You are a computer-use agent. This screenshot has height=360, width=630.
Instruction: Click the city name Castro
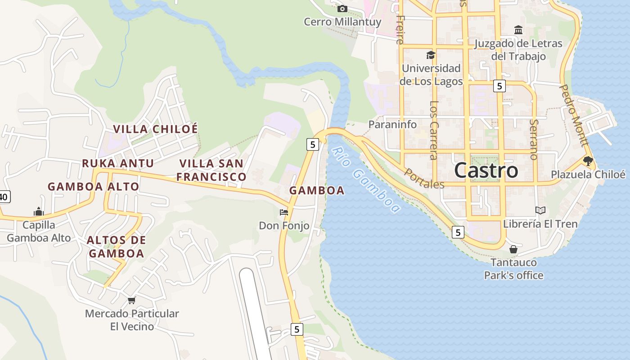tap(486, 171)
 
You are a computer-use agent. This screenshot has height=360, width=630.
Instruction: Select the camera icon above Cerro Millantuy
tap(342, 9)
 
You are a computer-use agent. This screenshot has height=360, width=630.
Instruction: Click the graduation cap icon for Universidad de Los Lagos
tap(431, 55)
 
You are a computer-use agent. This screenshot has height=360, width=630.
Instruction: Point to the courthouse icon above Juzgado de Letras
tap(518, 30)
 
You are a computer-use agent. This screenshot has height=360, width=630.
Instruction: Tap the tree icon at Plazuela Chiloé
tap(588, 161)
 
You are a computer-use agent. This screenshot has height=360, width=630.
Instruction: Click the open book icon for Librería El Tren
tap(540, 210)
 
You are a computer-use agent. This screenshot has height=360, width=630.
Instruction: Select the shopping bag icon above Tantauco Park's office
tap(513, 249)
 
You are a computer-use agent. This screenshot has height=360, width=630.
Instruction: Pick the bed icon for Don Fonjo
tap(283, 212)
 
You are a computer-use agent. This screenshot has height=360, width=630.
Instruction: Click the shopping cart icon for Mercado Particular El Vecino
tap(131, 300)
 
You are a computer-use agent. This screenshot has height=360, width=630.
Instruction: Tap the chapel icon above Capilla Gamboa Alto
tap(39, 211)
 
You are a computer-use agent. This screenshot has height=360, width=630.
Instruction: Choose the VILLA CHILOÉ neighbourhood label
tap(155, 129)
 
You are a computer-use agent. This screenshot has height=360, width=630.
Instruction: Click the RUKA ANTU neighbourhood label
tap(118, 163)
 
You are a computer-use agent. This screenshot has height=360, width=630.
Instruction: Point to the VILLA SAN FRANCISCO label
tap(211, 170)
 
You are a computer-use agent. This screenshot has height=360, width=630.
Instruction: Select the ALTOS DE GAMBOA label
tap(116, 247)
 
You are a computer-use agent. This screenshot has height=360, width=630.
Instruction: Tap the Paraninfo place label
tap(392, 125)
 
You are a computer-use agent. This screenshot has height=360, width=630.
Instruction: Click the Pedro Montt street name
tap(574, 115)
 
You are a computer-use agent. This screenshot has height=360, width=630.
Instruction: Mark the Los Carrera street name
tap(433, 130)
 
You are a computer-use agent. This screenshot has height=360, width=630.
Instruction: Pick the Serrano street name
tap(534, 139)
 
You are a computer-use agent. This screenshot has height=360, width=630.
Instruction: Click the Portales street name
tap(424, 179)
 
